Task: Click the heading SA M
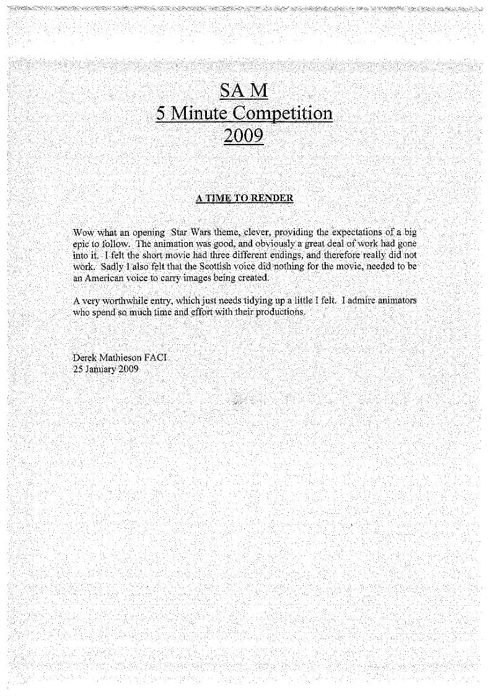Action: pos(244,91)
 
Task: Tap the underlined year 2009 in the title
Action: pos(244,135)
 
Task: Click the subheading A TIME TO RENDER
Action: pos(244,199)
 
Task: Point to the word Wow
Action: pos(82,233)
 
